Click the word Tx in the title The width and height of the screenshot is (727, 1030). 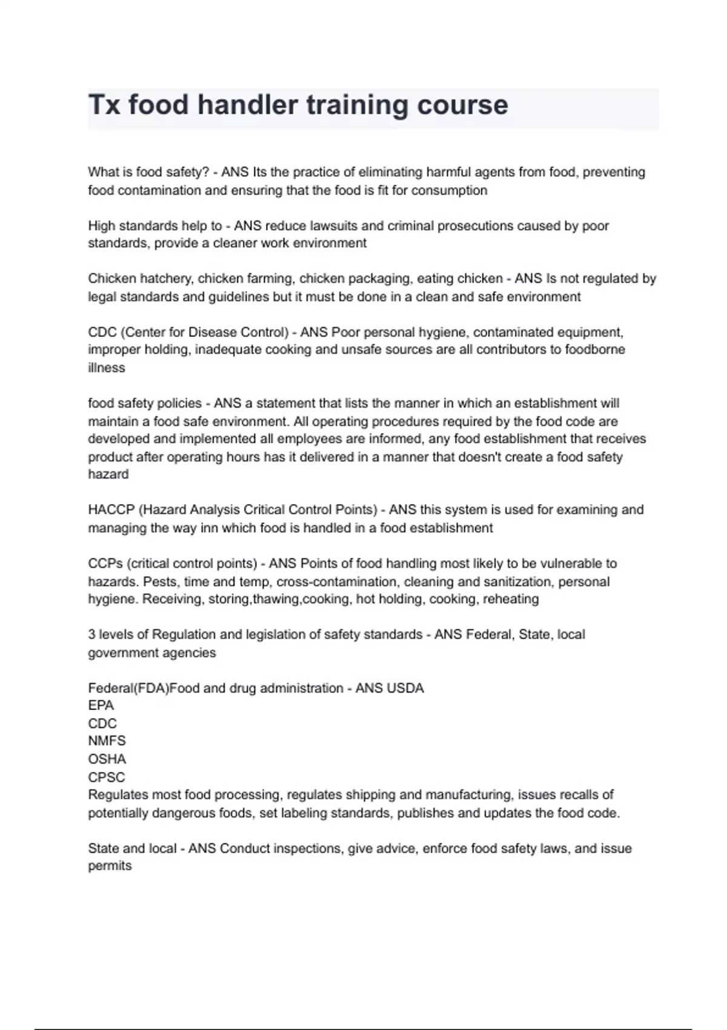point(104,105)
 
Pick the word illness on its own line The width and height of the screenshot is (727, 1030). point(107,368)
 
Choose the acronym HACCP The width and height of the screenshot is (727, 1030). point(111,510)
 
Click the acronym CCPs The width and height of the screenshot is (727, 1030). point(105,563)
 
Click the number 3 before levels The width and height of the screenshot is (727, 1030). point(91,635)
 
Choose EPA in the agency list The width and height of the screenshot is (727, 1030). point(101,706)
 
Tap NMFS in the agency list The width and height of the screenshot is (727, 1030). point(107,741)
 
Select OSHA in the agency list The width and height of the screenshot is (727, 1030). point(107,759)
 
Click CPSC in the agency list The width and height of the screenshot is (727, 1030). point(107,777)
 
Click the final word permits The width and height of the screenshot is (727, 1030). point(110,866)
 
